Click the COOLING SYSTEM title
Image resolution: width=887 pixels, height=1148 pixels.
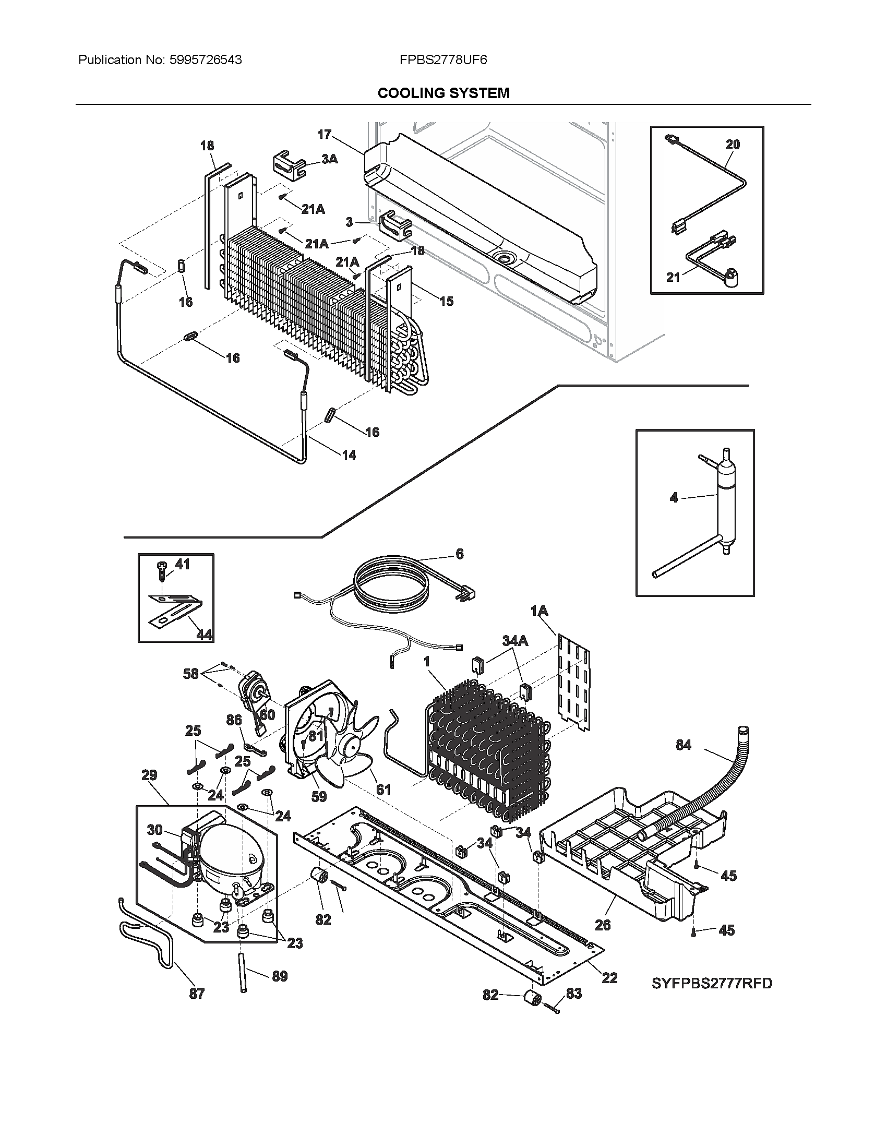pos(443,93)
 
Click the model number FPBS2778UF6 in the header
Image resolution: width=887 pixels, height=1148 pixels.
pos(443,60)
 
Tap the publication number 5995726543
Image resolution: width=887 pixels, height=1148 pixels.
pos(206,60)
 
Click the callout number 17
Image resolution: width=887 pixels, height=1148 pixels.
pos(324,135)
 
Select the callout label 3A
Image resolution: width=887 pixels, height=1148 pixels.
pos(329,158)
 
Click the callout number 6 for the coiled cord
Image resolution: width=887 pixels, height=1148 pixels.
pos(460,554)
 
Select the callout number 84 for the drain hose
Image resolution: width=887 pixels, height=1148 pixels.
pos(683,745)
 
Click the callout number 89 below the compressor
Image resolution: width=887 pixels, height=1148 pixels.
pos(280,976)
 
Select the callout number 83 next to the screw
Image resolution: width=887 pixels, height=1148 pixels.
pos(574,993)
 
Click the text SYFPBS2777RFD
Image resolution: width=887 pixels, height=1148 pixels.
pos(712,983)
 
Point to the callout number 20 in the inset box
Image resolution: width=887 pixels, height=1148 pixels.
pos(733,145)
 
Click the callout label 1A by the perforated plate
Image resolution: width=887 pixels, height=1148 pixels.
pos(539,611)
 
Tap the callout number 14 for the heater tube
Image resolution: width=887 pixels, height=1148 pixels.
pos(349,455)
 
